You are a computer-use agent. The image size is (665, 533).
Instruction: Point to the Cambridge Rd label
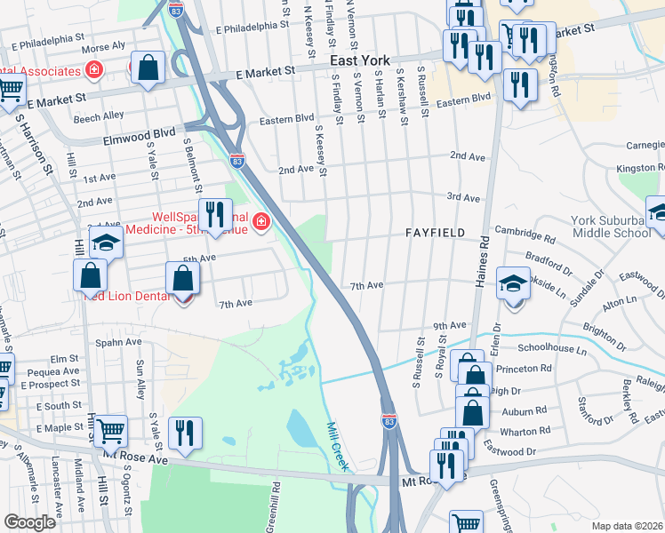click(524, 237)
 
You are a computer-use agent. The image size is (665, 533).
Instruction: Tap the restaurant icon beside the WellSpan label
click(214, 214)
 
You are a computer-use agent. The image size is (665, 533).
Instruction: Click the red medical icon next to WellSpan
click(260, 221)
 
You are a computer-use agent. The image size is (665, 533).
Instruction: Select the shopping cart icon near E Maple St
click(110, 430)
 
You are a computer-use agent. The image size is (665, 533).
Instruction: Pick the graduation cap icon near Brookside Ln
click(512, 283)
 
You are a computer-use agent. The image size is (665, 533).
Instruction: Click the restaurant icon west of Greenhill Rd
click(184, 432)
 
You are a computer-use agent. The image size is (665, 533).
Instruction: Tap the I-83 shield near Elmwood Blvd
click(236, 161)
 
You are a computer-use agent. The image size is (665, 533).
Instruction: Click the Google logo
click(30, 522)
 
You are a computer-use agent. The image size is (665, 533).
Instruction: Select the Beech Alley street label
click(99, 116)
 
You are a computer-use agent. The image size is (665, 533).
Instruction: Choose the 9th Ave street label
click(450, 326)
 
